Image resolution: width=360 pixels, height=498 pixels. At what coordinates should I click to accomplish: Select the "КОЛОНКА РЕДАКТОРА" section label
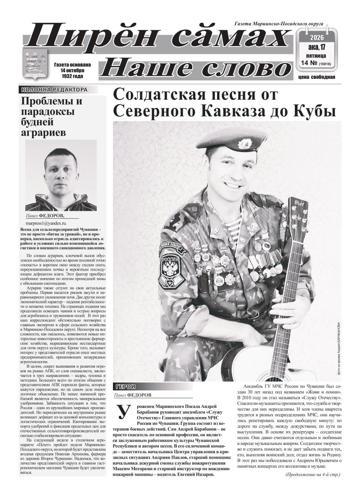(54, 89)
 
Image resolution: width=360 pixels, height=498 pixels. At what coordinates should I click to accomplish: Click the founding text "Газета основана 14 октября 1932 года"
(72, 71)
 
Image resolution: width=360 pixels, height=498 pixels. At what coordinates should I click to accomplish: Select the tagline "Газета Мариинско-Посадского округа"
(279, 24)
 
